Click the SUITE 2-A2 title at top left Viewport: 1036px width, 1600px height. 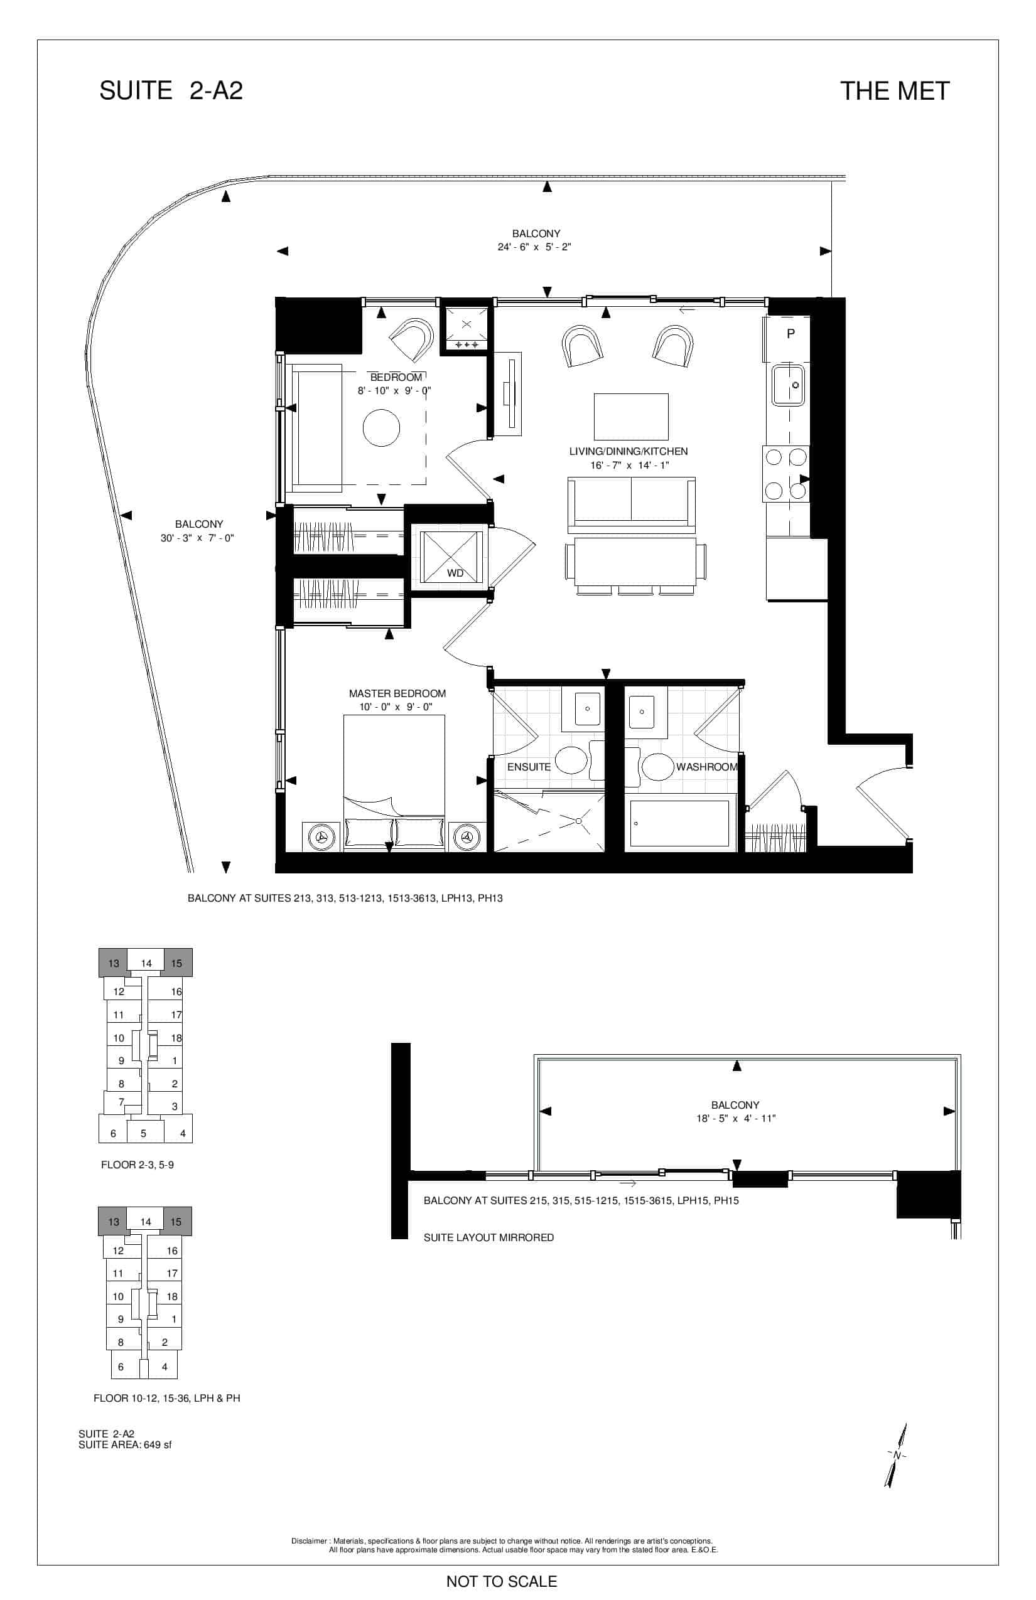(x=171, y=91)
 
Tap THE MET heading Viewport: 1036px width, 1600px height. (x=895, y=92)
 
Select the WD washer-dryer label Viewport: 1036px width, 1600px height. (x=455, y=573)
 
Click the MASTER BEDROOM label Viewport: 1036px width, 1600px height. (x=397, y=693)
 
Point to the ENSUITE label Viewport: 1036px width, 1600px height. (x=529, y=767)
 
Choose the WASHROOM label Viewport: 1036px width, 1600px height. (x=706, y=767)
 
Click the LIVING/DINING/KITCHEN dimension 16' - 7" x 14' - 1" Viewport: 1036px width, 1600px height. (x=630, y=465)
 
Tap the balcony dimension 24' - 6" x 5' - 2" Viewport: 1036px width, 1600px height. (x=534, y=247)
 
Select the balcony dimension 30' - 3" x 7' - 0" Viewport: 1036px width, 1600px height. (x=197, y=538)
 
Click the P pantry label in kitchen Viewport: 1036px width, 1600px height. (x=791, y=333)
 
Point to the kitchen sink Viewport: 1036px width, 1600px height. (x=788, y=385)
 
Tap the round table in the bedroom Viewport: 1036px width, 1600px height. (x=382, y=427)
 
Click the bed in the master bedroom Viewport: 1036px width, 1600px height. (x=394, y=783)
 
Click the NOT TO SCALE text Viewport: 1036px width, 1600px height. (x=502, y=1581)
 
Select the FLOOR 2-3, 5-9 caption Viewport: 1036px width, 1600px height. (x=138, y=1165)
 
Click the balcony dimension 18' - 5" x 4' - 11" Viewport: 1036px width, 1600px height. (x=736, y=1119)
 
